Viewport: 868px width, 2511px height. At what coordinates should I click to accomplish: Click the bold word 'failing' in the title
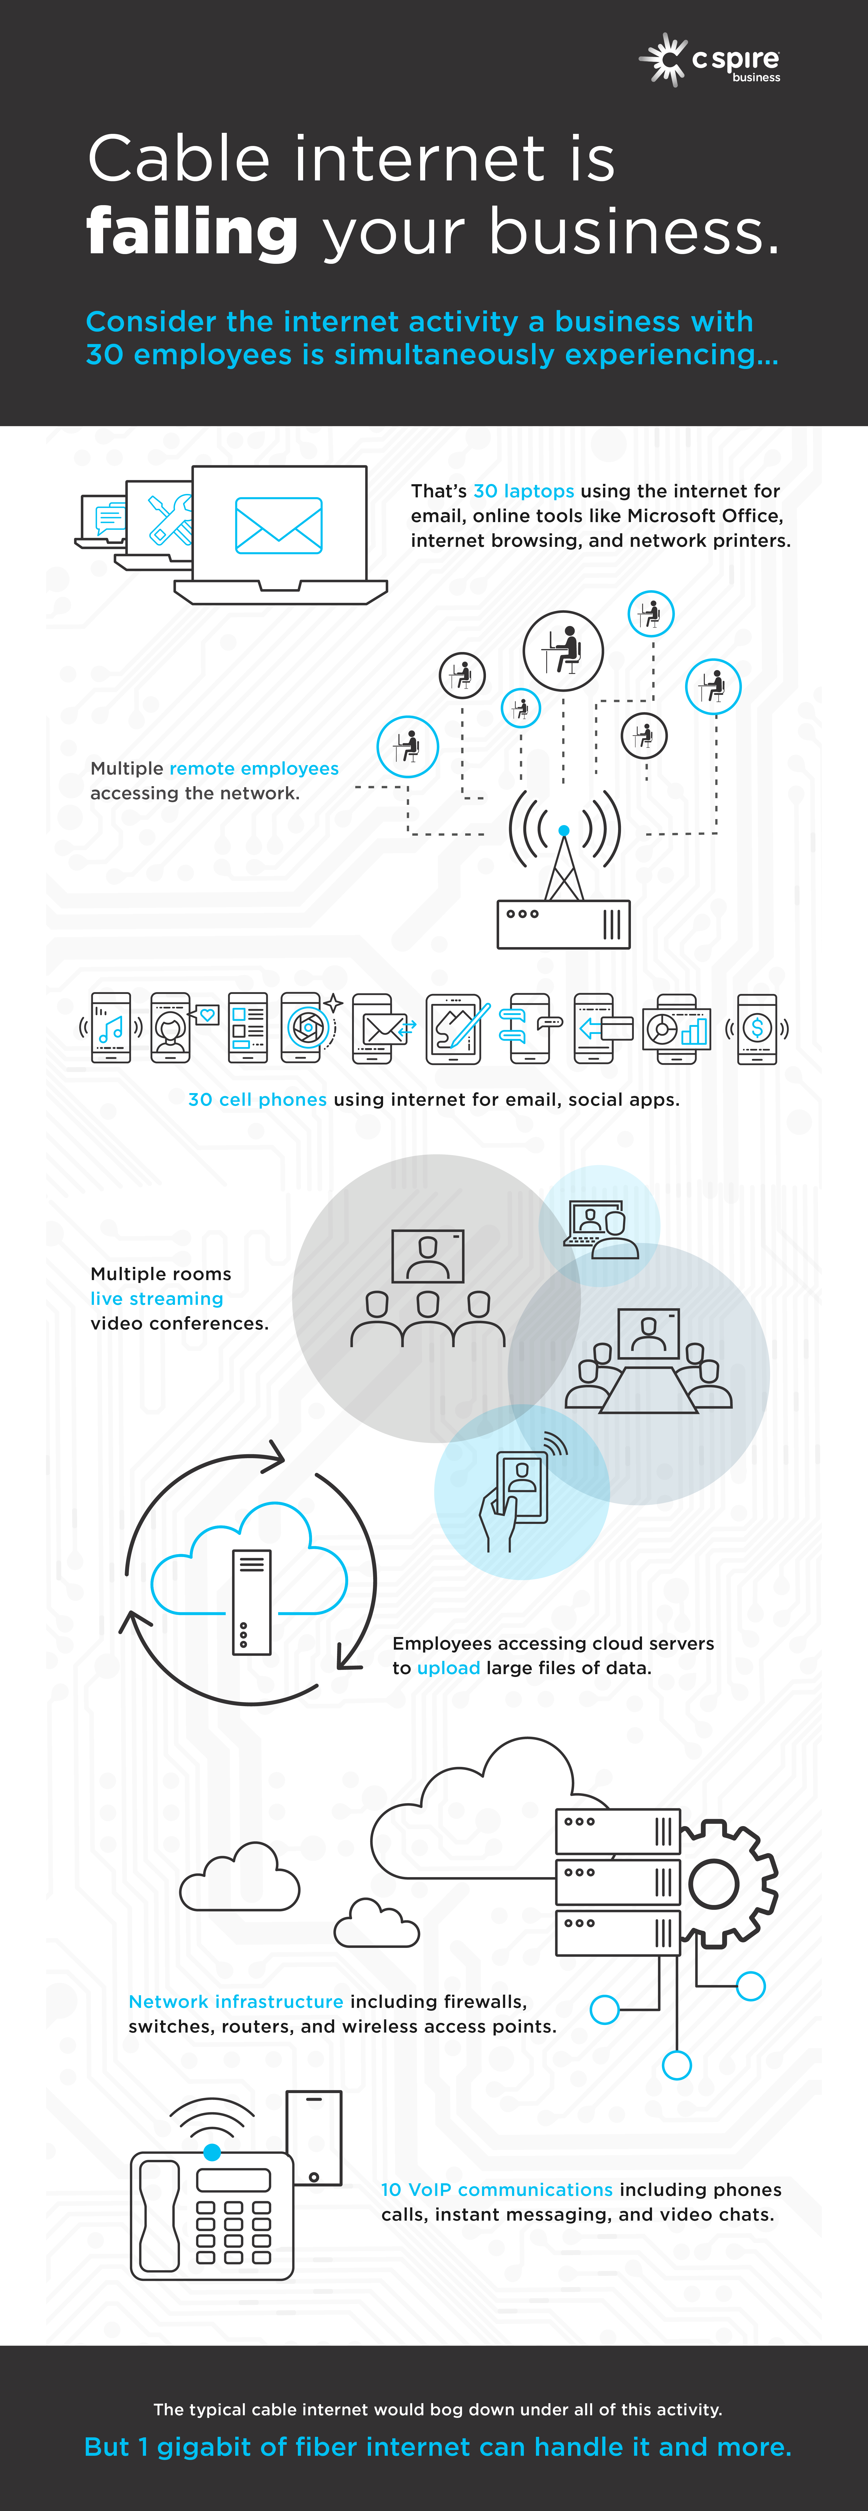pyautogui.click(x=192, y=232)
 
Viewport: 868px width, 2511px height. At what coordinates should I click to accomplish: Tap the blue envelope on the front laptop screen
pyautogui.click(x=279, y=526)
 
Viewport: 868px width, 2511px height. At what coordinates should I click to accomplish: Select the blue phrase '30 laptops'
pyautogui.click(x=524, y=491)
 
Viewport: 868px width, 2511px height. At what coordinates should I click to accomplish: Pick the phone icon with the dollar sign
pyautogui.click(x=757, y=1028)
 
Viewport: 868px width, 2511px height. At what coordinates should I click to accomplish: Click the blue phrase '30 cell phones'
pyautogui.click(x=258, y=1100)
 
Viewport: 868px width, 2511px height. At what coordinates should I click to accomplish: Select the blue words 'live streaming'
pyautogui.click(x=157, y=1299)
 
